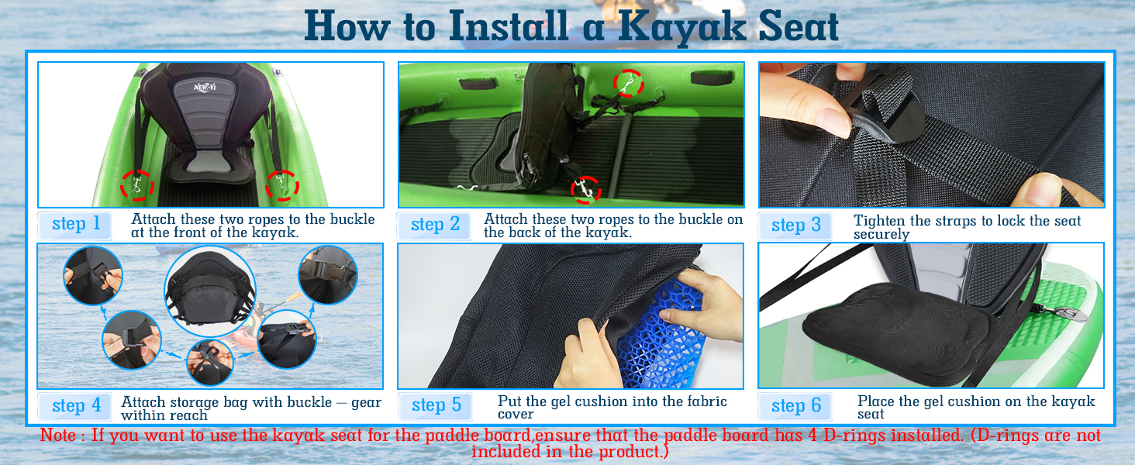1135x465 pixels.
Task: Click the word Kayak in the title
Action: [x=681, y=26]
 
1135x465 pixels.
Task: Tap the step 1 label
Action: [x=76, y=224]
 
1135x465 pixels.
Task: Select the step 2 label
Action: [x=435, y=225]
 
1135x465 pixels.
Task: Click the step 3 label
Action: [x=795, y=225]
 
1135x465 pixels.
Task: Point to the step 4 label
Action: [x=76, y=406]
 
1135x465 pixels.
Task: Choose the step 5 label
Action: [x=436, y=405]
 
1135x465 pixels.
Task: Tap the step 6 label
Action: [x=795, y=406]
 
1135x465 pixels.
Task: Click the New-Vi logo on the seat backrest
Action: [x=205, y=87]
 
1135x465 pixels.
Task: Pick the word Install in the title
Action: [x=509, y=26]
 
